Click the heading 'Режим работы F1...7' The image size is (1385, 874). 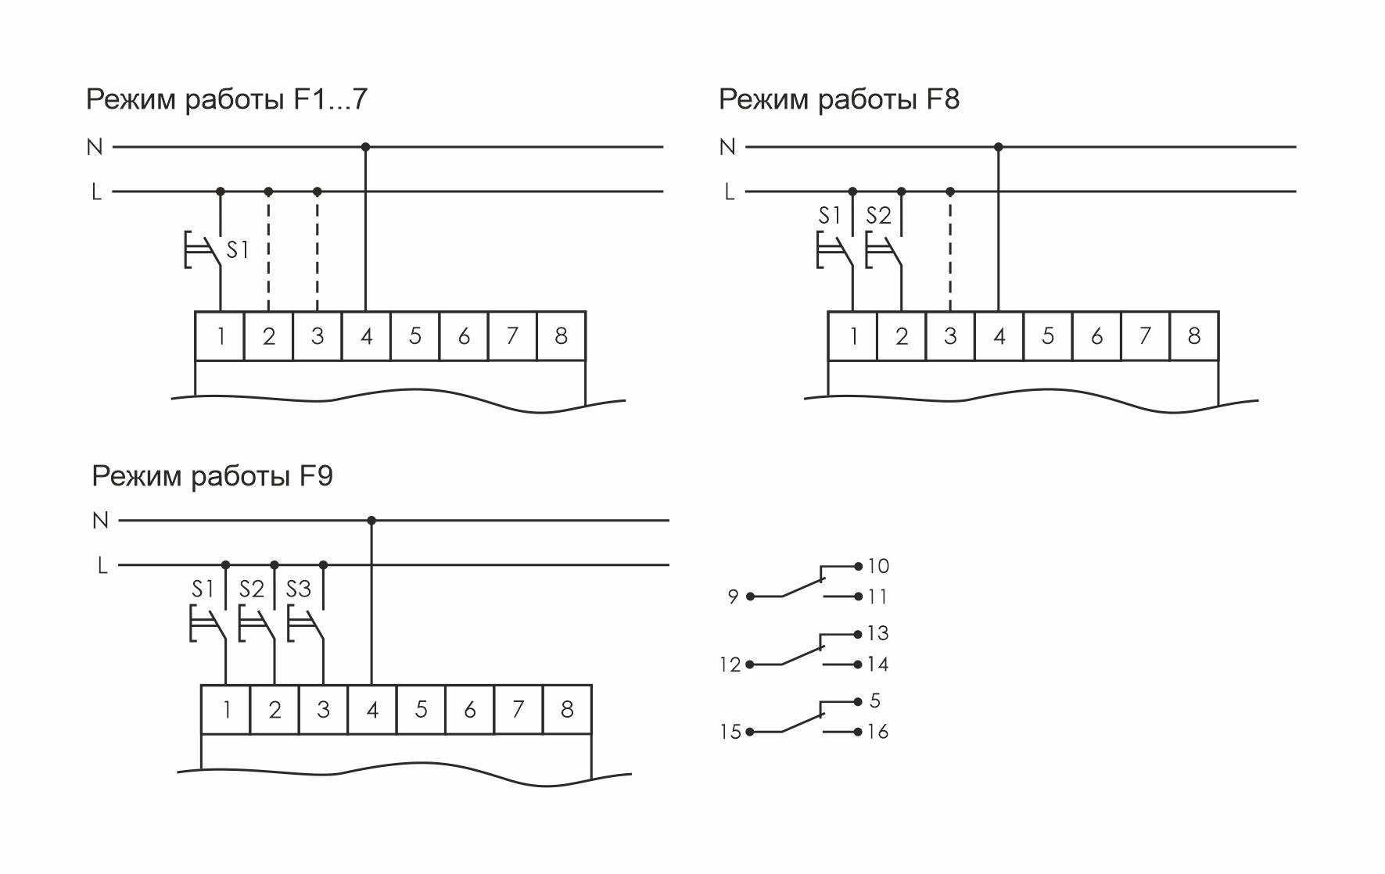coord(226,100)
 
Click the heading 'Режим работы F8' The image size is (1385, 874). coord(838,100)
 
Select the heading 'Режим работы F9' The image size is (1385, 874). coord(212,476)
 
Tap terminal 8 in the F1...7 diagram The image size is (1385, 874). coord(561,336)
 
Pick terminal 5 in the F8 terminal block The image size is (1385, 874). coord(1048,336)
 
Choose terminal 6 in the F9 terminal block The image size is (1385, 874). coord(469,710)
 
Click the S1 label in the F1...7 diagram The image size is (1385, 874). coord(237,250)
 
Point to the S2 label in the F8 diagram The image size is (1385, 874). coord(878,216)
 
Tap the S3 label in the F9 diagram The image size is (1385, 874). coord(298,589)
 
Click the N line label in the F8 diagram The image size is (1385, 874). coord(727,147)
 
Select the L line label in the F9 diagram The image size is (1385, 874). coord(102,565)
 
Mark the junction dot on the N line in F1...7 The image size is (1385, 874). coord(365,147)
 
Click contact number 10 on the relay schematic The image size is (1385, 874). coord(877,566)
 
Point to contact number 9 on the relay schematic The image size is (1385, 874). coord(733,597)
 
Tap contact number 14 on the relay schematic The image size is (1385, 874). coord(877,664)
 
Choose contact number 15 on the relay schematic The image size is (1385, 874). coord(730,733)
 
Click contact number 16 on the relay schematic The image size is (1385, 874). coord(877,732)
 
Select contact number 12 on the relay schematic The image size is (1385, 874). coord(730,665)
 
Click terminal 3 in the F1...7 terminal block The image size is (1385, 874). coord(317,336)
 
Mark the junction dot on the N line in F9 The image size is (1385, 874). coord(371,521)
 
